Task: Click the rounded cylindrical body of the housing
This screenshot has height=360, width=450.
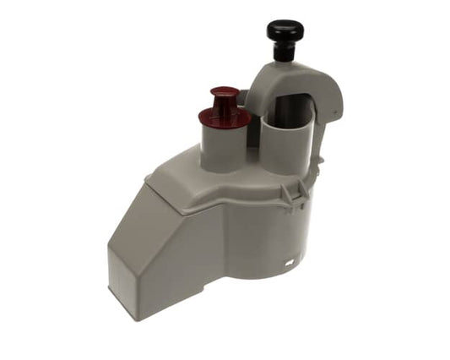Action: click(270, 237)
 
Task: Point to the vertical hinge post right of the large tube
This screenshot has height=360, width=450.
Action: click(319, 148)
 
